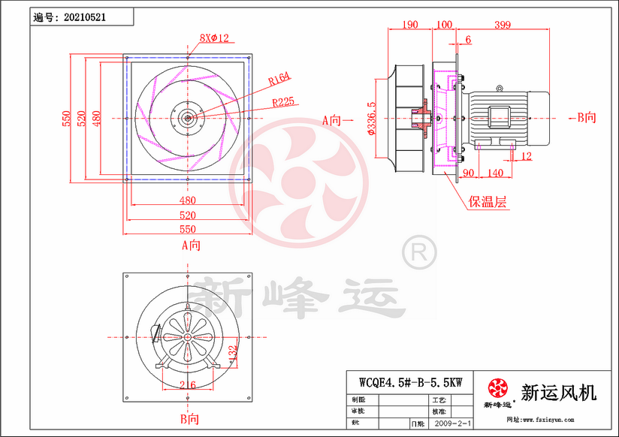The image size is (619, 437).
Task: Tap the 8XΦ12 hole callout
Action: [x=213, y=37]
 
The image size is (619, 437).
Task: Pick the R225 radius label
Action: [x=283, y=101]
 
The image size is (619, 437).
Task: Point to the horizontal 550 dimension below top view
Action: [x=187, y=229]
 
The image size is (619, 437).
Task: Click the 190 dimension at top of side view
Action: [x=409, y=25]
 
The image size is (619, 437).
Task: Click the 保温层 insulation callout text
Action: [x=488, y=202]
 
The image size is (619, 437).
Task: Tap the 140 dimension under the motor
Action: [x=495, y=173]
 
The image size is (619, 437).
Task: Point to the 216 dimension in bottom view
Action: [x=187, y=385]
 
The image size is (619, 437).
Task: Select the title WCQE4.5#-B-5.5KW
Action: [x=410, y=381]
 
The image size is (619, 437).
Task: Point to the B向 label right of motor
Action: [x=585, y=117]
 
